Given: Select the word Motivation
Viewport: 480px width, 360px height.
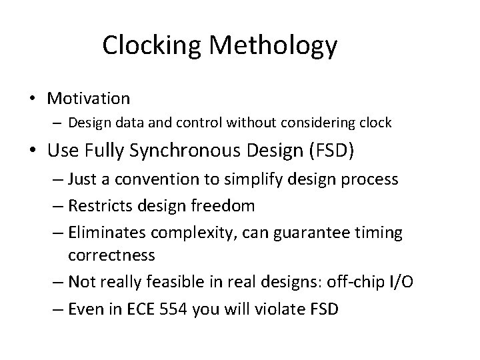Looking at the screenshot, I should coord(88,99).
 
